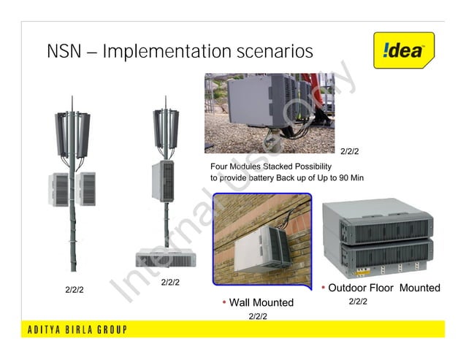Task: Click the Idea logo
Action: click(x=403, y=50)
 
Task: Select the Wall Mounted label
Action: click(x=261, y=302)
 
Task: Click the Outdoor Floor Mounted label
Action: click(x=383, y=288)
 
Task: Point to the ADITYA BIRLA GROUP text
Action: click(x=77, y=329)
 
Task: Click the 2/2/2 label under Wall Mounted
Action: click(x=257, y=316)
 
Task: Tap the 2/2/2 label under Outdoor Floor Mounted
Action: click(x=357, y=302)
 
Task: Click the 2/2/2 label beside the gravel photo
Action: click(x=350, y=151)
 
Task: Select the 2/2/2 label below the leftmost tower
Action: click(x=75, y=290)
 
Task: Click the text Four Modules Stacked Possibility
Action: click(x=270, y=166)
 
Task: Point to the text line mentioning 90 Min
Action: click(x=286, y=178)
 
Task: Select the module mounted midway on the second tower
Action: click(x=165, y=181)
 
